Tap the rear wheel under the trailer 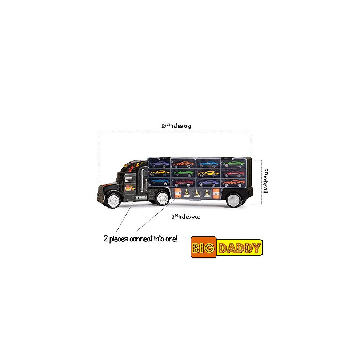[x=234, y=200]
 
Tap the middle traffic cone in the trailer [x=197, y=193]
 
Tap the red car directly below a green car [x=233, y=173]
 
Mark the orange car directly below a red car [x=234, y=183]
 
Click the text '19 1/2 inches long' [x=176, y=125]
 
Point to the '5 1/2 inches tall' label [x=266, y=181]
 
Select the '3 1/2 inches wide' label [x=185, y=216]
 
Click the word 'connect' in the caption [x=141, y=239]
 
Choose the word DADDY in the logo [x=240, y=248]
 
